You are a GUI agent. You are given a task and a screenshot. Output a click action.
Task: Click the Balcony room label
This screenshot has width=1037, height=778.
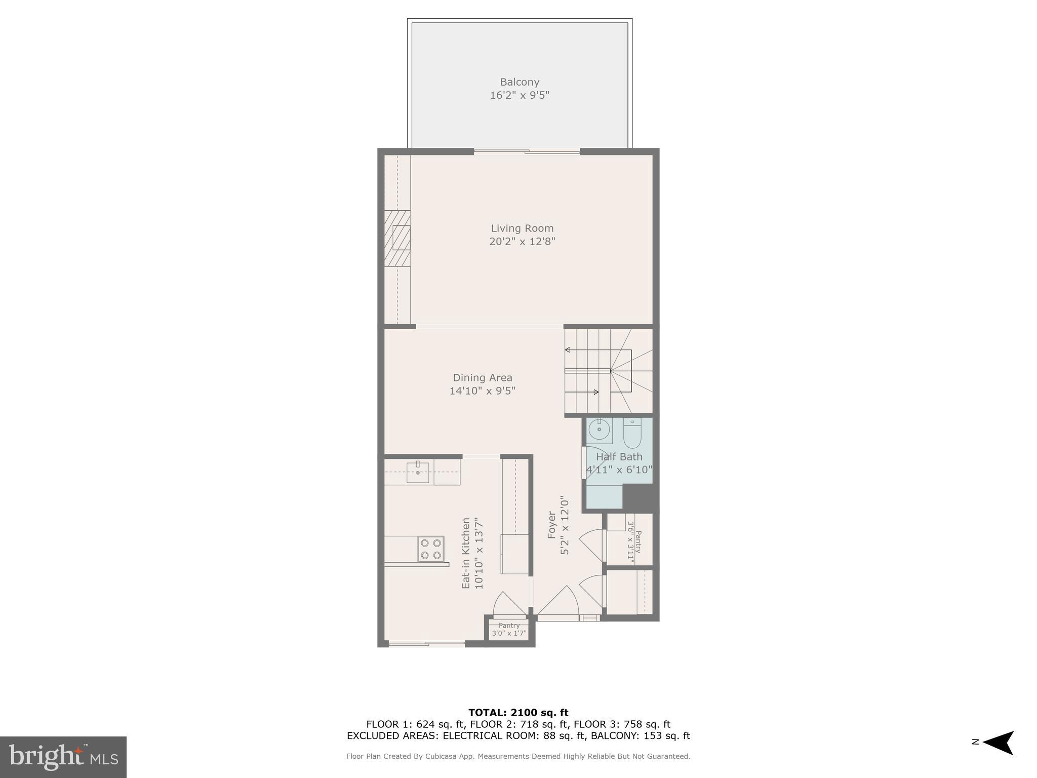pyautogui.click(x=520, y=82)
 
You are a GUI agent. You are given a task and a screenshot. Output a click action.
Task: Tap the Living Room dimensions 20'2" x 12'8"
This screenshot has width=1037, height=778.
pyautogui.click(x=522, y=242)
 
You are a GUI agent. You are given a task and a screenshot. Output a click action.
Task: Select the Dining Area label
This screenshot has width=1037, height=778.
pyautogui.click(x=482, y=378)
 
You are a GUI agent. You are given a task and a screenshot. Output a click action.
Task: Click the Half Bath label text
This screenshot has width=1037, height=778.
pyautogui.click(x=619, y=457)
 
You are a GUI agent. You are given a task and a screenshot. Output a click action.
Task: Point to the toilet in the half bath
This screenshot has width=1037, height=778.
pyautogui.click(x=632, y=433)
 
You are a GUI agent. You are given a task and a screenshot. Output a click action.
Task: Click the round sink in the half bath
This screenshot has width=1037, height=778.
pyautogui.click(x=599, y=430)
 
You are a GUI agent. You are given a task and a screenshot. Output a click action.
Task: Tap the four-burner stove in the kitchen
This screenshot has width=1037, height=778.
pyautogui.click(x=431, y=549)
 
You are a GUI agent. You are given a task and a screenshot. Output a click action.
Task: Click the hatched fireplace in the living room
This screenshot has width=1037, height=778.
pyautogui.click(x=397, y=238)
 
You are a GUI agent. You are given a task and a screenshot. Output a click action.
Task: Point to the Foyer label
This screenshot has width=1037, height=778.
pyautogui.click(x=552, y=525)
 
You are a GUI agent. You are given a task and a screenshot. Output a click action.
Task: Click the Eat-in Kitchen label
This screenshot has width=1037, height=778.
pyautogui.click(x=466, y=553)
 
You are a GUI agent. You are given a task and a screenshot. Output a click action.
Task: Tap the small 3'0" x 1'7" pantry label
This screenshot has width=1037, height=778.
pyautogui.click(x=509, y=630)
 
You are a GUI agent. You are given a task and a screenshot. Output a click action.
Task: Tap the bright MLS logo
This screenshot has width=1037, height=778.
pyautogui.click(x=63, y=757)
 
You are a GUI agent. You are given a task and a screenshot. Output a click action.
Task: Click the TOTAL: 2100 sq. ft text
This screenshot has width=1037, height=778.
pyautogui.click(x=518, y=713)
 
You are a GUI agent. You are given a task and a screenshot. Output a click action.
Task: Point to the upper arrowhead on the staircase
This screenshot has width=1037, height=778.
pyautogui.click(x=568, y=350)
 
